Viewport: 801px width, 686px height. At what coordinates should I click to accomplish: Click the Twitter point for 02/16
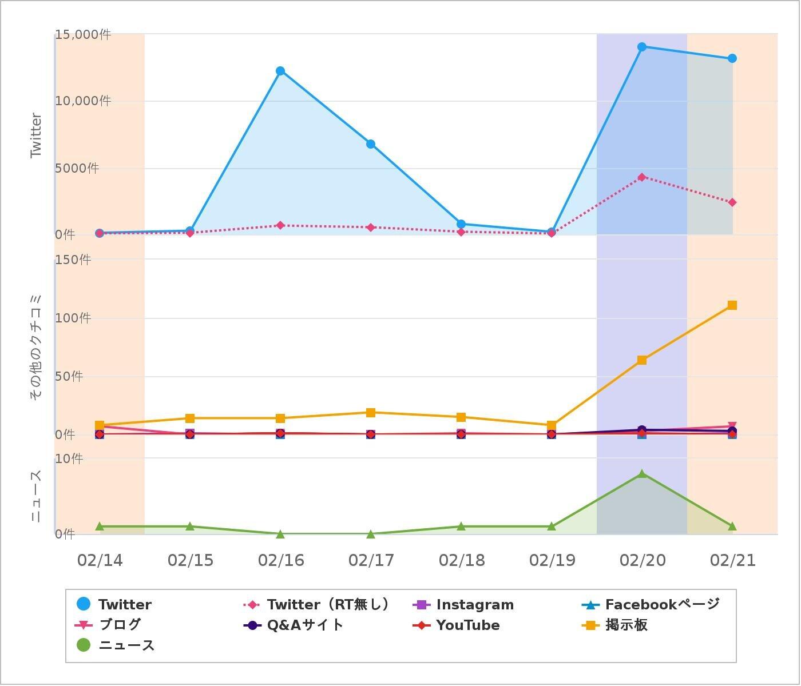click(x=280, y=71)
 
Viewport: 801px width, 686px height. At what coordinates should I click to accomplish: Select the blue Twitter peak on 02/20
click(x=642, y=47)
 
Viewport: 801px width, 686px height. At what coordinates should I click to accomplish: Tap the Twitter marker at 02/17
click(x=371, y=144)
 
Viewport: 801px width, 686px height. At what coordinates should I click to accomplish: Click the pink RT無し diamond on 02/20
click(x=642, y=177)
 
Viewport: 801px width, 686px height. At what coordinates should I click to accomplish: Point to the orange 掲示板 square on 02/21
click(x=732, y=305)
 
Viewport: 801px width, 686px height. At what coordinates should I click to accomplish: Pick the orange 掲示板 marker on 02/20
click(x=642, y=360)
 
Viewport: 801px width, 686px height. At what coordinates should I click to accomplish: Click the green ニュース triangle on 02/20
click(x=642, y=474)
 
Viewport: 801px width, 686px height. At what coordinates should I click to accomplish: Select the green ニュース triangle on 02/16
click(x=280, y=534)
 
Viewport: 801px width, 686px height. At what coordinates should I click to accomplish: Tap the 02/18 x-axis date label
click(x=461, y=560)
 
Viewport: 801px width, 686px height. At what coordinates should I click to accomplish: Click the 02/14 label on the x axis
click(x=100, y=560)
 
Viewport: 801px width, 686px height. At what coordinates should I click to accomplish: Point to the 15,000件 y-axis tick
click(x=82, y=35)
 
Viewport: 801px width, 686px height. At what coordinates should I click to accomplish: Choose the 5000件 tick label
click(x=77, y=168)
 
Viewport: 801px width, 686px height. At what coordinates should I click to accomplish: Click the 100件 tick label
click(x=73, y=318)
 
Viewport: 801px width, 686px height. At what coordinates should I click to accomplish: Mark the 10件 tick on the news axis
click(x=69, y=458)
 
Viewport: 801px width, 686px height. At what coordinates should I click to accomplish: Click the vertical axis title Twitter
click(x=36, y=135)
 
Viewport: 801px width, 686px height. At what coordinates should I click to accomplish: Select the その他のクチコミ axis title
click(x=36, y=347)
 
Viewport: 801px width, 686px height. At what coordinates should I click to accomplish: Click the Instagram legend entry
click(x=463, y=605)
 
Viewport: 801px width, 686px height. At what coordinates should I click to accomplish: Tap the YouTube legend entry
click(x=457, y=625)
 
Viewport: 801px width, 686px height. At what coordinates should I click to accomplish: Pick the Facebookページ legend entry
click(x=651, y=605)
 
